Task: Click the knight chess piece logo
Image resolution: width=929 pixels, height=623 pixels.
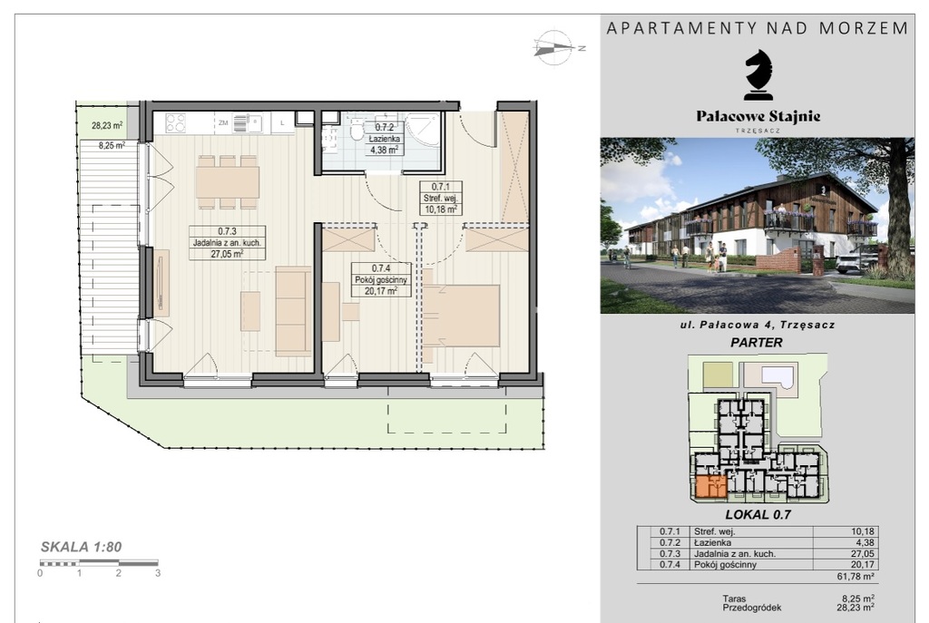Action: [x=758, y=74]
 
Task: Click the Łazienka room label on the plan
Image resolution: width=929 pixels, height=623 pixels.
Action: [x=384, y=139]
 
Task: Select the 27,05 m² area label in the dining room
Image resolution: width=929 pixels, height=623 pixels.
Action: [x=227, y=254]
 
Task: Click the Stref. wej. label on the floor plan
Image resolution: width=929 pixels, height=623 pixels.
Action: [x=440, y=198]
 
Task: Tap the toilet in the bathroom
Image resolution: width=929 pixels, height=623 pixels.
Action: [x=357, y=129]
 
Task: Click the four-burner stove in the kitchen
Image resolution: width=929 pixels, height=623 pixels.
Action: [x=175, y=122]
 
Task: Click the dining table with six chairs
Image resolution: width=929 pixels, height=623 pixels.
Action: [x=228, y=181]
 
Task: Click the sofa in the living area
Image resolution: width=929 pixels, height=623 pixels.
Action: [x=293, y=311]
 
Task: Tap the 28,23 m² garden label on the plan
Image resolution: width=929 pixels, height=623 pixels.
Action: [x=107, y=125]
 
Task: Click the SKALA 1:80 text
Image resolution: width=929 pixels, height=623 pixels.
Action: [x=81, y=547]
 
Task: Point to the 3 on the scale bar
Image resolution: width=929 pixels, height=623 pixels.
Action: [x=158, y=573]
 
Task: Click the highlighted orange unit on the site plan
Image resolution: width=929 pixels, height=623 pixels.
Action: [x=709, y=487]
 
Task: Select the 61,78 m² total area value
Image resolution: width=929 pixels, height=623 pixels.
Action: [x=855, y=576]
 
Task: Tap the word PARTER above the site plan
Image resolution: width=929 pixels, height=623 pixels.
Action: [x=757, y=342]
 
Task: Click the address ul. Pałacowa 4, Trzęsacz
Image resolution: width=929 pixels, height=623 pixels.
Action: [x=758, y=324]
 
